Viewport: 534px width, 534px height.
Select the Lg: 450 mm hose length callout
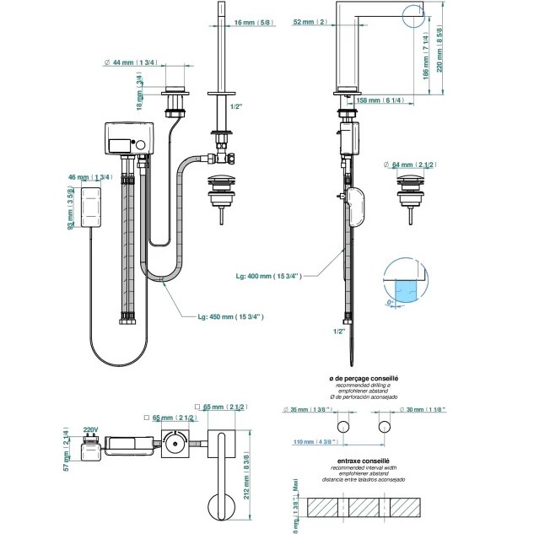pyautogui.click(x=230, y=316)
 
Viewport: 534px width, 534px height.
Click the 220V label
pyautogui.click(x=91, y=429)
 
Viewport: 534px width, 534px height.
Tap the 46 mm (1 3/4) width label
pyautogui.click(x=91, y=177)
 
